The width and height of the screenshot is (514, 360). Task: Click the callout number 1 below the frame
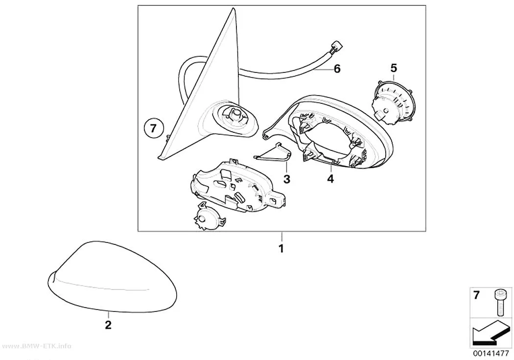(281, 248)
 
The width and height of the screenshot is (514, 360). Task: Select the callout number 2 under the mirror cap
(108, 325)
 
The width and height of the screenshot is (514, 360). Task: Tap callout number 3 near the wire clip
(287, 179)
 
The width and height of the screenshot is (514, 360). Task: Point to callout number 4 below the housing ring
(330, 179)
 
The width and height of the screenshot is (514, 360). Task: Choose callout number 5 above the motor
(394, 68)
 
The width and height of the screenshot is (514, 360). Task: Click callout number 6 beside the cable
(337, 69)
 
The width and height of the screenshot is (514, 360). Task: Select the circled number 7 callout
(153, 128)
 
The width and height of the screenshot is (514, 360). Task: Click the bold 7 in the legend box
(476, 295)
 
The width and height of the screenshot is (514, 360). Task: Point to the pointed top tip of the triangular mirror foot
(233, 8)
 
